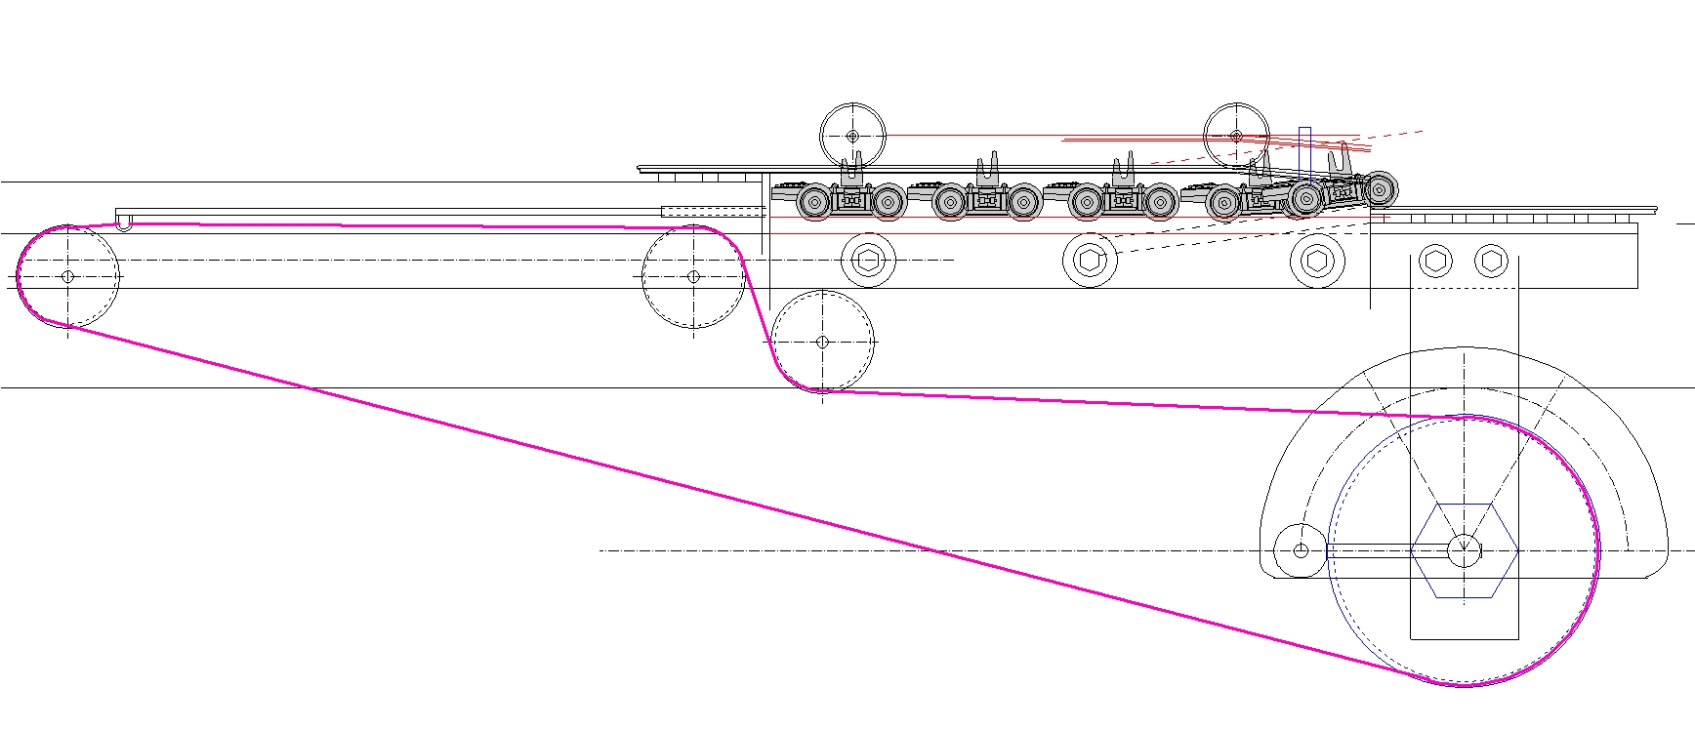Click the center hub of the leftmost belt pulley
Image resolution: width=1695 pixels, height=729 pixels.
67,276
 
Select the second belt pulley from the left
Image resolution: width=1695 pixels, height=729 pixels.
693,276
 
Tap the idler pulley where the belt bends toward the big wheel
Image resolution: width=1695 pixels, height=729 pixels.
822,342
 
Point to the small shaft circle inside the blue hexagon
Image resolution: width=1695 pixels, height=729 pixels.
1464,550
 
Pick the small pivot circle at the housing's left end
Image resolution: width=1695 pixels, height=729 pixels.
1301,550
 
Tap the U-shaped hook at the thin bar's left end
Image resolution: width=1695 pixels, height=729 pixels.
124,225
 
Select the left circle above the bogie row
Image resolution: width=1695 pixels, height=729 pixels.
852,136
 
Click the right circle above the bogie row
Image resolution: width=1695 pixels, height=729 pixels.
1236,136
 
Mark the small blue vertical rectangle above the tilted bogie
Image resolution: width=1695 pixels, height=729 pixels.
1304,151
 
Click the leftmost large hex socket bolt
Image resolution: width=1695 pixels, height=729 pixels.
868,260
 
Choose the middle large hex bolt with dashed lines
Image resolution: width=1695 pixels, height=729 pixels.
1090,260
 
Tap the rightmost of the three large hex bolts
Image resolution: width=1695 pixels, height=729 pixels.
1317,260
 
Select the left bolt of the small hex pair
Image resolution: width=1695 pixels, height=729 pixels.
1434,261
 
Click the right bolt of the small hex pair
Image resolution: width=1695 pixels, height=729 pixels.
1490,261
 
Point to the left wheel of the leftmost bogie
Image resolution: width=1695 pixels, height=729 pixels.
814,203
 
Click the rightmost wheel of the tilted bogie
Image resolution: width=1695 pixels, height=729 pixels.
1379,189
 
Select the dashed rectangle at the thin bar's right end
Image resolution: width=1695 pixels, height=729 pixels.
713,211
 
